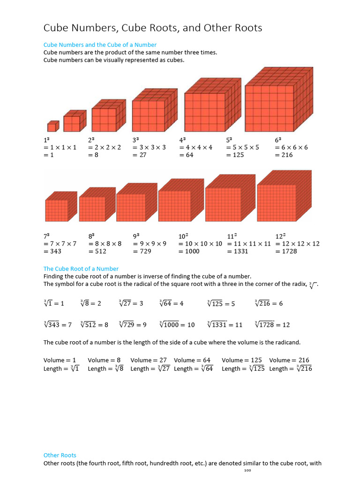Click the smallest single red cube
pyautogui.click(x=52, y=127)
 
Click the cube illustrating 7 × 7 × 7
pyautogui.click(x=60, y=207)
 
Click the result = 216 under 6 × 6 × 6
pyautogui.click(x=284, y=155)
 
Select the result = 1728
pyautogui.click(x=287, y=251)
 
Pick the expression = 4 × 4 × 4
pyautogui.click(x=195, y=147)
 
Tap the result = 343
pyautogui.click(x=52, y=251)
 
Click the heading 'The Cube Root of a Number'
pyautogui.click(x=81, y=269)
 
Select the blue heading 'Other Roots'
pyautogui.click(x=60, y=455)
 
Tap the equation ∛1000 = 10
pyautogui.click(x=177, y=324)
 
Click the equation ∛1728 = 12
pyautogui.click(x=272, y=324)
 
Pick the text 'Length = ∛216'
pyautogui.click(x=291, y=369)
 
